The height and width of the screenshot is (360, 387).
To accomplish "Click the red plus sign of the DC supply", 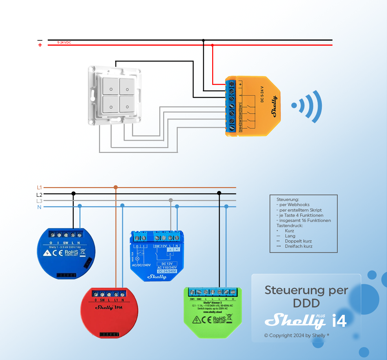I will [x=40, y=45].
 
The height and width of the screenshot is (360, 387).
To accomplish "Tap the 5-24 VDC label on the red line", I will [x=64, y=43].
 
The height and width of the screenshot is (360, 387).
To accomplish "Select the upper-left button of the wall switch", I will [x=111, y=86].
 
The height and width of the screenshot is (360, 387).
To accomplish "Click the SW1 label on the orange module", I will [x=240, y=107].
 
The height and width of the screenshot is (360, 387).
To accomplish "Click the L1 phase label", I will [x=39, y=187].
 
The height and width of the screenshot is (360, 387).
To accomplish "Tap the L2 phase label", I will [x=39, y=195].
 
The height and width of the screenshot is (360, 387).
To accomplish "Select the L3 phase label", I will [x=39, y=201].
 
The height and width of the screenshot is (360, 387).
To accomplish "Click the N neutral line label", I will [x=39, y=207].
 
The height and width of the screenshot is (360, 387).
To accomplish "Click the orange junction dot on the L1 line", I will [x=116, y=187].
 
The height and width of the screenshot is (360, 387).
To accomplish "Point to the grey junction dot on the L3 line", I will [x=171, y=200].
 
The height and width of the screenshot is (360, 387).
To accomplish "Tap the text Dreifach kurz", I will [x=299, y=246].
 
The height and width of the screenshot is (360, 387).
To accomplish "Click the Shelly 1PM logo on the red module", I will [x=109, y=307].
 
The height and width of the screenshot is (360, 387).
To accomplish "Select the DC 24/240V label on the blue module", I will [x=167, y=271].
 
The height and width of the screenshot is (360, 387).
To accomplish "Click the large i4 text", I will [x=339, y=321].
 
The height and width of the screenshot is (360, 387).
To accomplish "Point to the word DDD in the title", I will [x=306, y=303].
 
